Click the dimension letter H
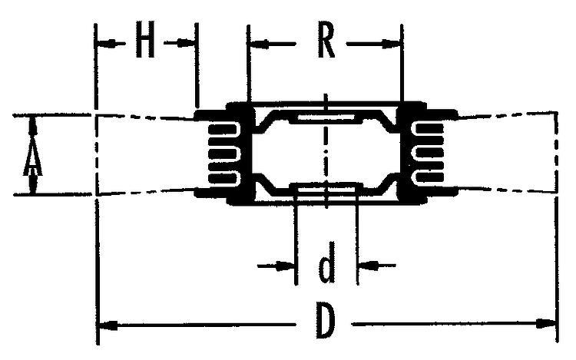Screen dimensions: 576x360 click(144, 39)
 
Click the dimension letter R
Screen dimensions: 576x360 click(326, 41)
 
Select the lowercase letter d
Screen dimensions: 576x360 click(326, 262)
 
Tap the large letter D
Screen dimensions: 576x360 click(326, 322)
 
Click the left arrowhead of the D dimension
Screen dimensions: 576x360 click(108, 325)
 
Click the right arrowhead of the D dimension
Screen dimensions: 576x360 click(545, 324)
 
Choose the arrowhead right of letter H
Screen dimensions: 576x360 click(185, 43)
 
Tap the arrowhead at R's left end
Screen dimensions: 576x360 click(259, 44)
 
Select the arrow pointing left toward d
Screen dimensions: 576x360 click(377, 265)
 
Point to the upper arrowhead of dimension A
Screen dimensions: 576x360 click(34, 127)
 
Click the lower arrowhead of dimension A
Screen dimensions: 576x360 click(33, 182)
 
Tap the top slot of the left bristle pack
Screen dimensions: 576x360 click(223, 130)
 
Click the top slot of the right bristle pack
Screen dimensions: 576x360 click(429, 128)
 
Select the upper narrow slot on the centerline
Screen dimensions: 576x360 click(326, 117)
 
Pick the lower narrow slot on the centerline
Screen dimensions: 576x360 click(326, 190)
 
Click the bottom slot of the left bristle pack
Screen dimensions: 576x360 click(223, 178)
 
